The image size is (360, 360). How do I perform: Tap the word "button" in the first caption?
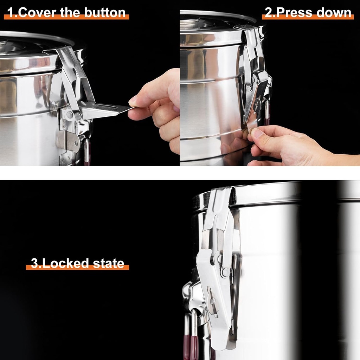[105, 13]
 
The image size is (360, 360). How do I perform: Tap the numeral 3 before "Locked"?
[34, 264]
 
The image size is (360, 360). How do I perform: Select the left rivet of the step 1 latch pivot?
[70, 115]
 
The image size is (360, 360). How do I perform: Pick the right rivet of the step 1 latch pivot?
[78, 115]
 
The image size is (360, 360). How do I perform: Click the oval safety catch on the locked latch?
[212, 301]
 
